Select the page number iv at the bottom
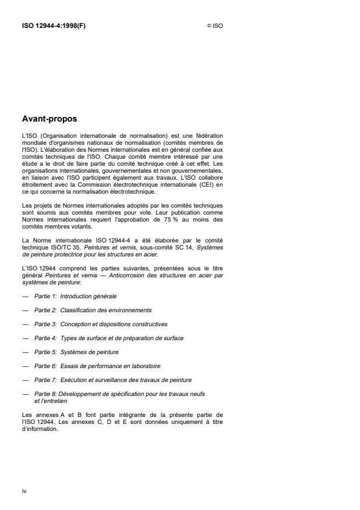click(24, 491)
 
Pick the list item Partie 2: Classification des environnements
click(92, 310)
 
